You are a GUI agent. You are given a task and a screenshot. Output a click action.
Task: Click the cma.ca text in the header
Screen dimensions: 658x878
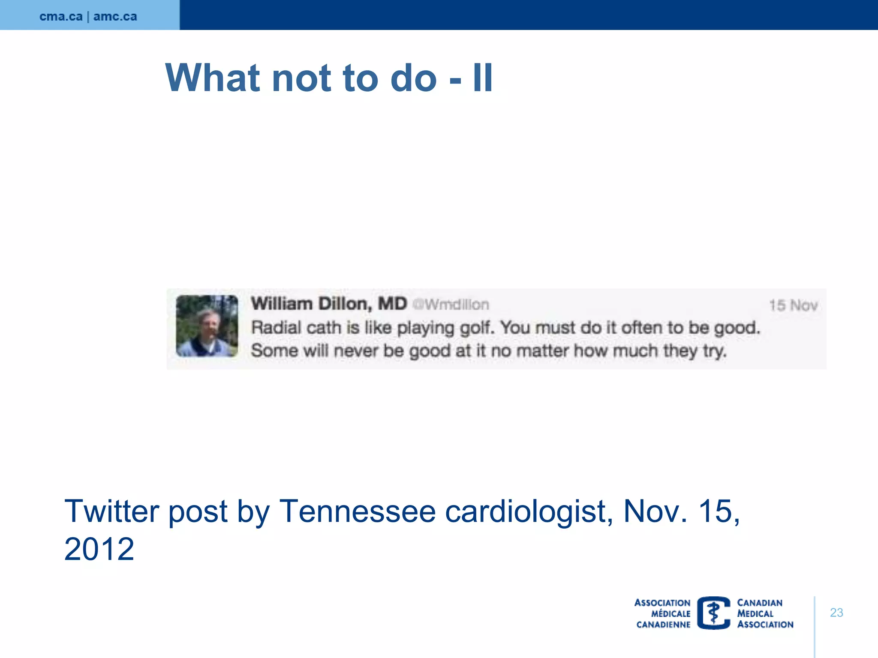point(61,16)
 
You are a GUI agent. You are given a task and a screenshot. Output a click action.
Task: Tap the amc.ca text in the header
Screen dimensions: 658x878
point(115,16)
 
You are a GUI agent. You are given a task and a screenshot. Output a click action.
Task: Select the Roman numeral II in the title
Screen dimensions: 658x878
point(483,78)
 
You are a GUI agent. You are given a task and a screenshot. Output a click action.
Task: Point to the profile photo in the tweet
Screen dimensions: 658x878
point(207,326)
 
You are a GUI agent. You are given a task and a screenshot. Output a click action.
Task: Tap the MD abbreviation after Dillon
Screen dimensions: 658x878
point(392,304)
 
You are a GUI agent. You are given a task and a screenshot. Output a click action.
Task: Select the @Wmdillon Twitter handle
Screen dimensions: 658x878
point(451,305)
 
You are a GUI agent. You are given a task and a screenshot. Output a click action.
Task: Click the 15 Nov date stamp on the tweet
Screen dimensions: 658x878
point(793,305)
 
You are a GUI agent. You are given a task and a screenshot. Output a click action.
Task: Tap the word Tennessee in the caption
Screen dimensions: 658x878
point(357,511)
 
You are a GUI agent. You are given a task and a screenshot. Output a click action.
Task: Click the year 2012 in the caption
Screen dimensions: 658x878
point(99,549)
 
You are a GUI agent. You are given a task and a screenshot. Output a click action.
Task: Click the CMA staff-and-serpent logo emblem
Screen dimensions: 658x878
point(713,613)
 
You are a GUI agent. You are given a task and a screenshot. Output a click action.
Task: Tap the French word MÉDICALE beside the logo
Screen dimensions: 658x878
point(671,613)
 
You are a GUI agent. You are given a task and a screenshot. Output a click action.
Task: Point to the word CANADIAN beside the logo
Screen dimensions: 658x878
point(760,603)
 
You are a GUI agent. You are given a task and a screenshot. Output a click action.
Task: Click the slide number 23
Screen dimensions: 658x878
point(836,613)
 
